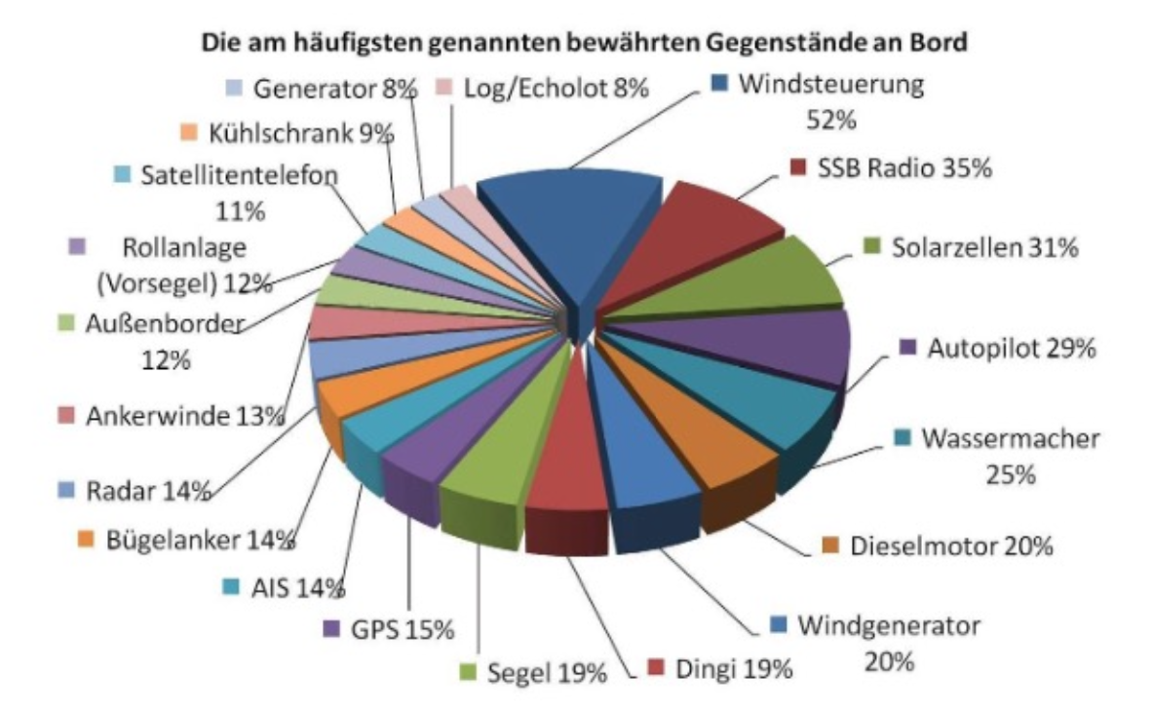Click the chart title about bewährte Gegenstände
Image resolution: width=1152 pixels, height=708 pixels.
point(575,44)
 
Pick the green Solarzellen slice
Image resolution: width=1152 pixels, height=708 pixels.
point(760,282)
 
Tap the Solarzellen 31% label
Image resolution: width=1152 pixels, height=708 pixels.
point(983,247)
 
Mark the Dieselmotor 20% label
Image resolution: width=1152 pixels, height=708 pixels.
point(950,546)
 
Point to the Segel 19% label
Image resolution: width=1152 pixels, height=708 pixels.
point(546,672)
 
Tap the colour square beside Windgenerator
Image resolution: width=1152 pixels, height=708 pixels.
point(777,623)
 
